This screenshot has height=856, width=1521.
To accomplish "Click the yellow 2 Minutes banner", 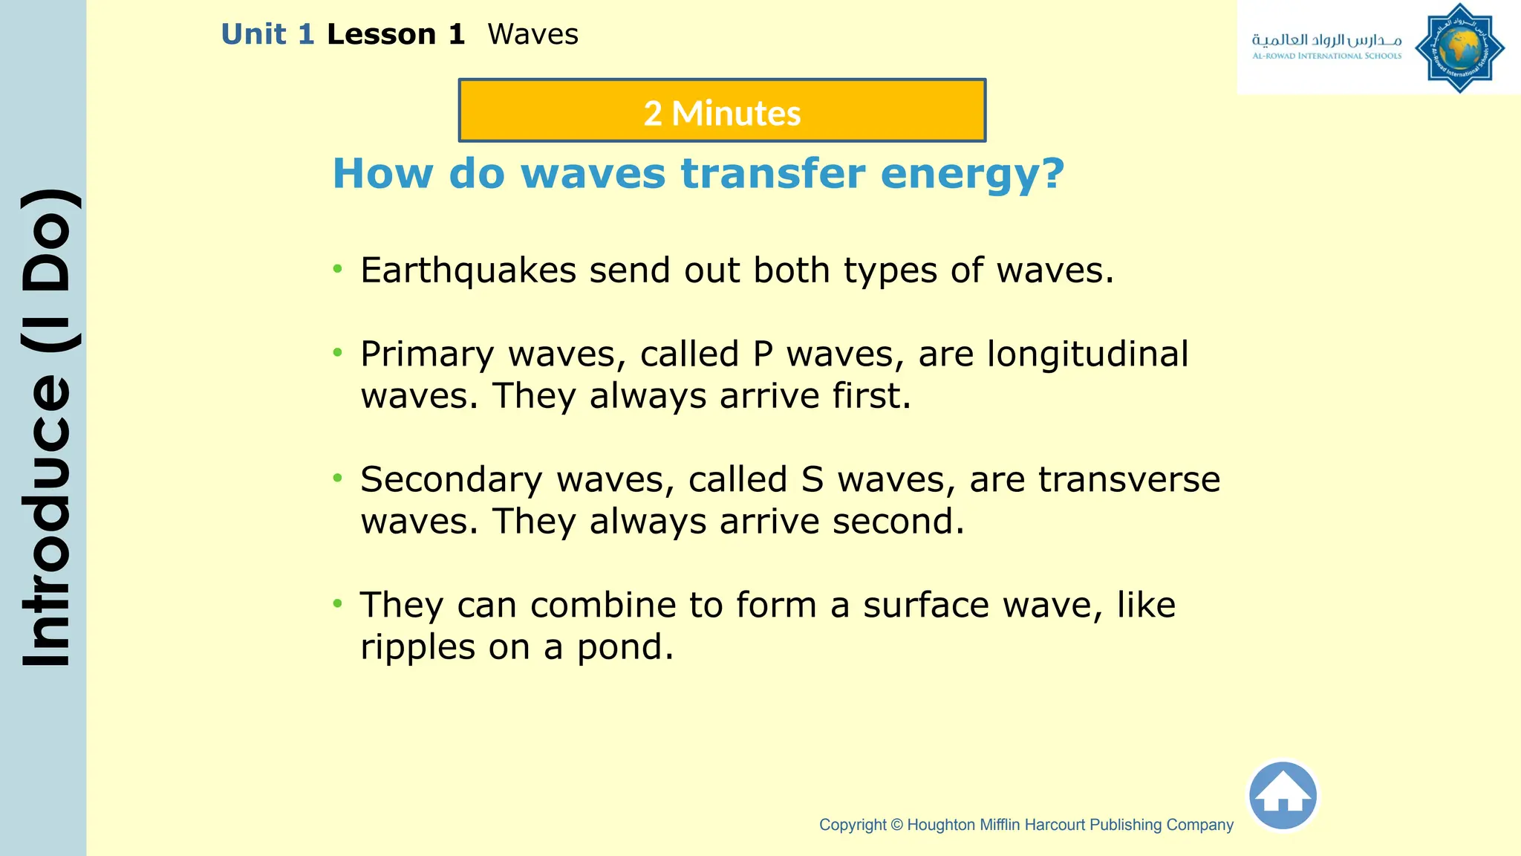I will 722,111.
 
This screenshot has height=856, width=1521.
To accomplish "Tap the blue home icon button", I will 1283,796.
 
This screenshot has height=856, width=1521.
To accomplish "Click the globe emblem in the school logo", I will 1459,48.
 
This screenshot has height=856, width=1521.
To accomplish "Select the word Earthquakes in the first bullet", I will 468,270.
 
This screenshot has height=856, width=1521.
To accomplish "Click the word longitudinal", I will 1087,354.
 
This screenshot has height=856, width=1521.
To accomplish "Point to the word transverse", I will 1129,480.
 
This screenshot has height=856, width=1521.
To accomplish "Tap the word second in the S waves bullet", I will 897,522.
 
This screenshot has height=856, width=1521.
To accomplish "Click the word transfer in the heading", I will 773,175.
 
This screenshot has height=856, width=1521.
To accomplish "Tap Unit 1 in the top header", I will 267,35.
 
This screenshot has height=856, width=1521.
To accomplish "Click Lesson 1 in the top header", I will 395,35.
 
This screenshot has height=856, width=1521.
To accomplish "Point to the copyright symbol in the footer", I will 896,825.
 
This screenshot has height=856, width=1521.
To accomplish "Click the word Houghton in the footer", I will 941,825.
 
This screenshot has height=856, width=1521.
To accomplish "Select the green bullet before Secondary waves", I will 338,478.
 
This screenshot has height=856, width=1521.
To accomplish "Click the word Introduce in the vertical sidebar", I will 47,520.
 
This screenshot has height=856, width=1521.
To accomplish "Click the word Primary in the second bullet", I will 427,355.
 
